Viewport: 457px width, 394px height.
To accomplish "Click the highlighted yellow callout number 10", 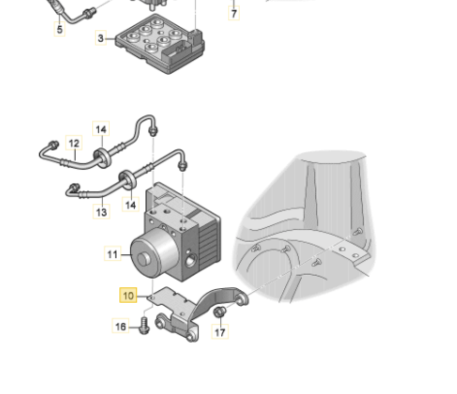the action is [128, 295].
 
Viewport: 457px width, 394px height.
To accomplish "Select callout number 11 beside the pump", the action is [112, 254].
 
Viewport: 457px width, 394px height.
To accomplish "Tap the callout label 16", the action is [121, 327].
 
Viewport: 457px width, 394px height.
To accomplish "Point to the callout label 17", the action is [220, 332].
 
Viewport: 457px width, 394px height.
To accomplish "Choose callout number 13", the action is [101, 212].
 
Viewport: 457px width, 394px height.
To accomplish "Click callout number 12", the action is [74, 143].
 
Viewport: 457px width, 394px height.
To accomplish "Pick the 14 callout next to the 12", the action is [101, 129].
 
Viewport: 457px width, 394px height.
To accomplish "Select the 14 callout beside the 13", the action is [131, 205].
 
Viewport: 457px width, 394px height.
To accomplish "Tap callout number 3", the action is [101, 38].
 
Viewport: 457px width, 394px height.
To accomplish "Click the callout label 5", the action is [60, 29].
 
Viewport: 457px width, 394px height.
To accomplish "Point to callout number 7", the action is [234, 13].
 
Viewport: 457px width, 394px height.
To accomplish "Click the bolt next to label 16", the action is [145, 326].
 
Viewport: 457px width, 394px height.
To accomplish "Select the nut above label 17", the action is [219, 312].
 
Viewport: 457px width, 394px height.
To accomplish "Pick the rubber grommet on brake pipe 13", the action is [128, 179].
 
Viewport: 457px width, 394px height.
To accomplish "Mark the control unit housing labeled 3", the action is [160, 43].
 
